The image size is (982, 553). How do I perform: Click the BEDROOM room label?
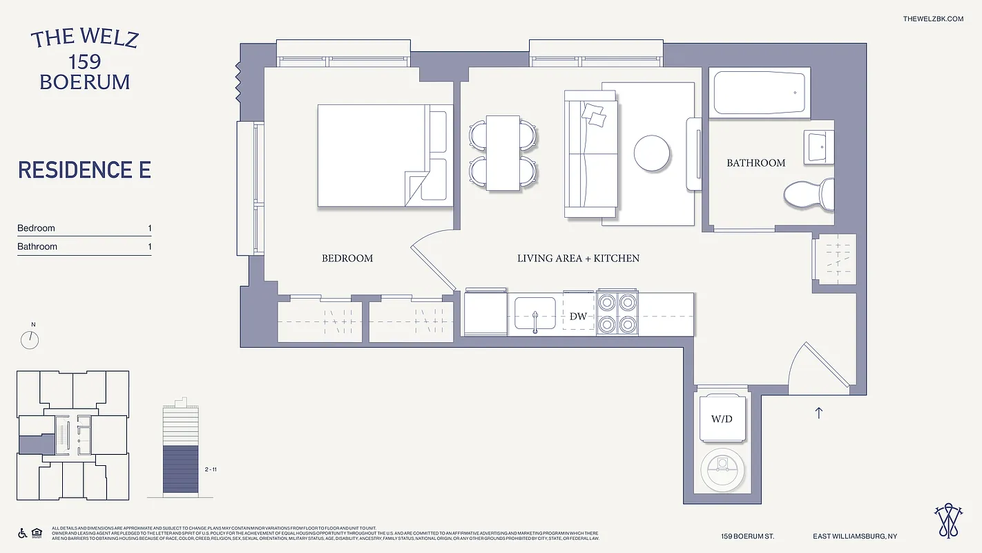[x=347, y=259]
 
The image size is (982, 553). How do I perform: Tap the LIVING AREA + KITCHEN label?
[x=578, y=259]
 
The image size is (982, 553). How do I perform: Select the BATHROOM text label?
[x=755, y=163]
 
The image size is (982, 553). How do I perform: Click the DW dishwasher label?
[x=578, y=317]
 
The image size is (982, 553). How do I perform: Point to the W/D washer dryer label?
[x=722, y=419]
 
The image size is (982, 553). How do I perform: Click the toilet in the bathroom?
[x=808, y=194]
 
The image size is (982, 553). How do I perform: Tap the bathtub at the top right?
[x=759, y=93]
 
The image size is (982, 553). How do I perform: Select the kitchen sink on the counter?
[x=535, y=313]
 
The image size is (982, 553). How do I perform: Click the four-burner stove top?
[x=617, y=312]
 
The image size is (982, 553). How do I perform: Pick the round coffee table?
[x=651, y=153]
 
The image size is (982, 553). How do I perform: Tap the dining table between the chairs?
[x=503, y=153]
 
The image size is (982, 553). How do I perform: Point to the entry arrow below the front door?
[x=819, y=413]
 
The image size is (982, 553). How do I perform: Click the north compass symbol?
[x=30, y=339]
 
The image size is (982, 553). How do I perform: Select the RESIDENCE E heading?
[x=84, y=170]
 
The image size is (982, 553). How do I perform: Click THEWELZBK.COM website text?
[x=932, y=19]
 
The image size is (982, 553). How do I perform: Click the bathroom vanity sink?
[x=819, y=146]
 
